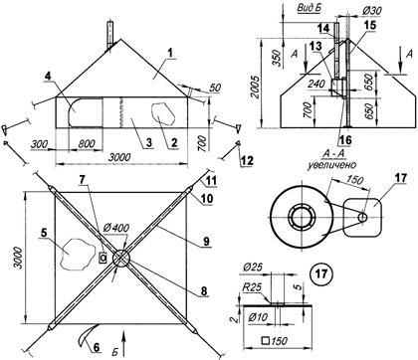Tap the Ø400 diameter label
coord(116,229)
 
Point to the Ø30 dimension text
coord(371,11)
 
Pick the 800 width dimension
coord(87,144)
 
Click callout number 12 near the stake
coord(247,161)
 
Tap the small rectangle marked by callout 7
coord(103,258)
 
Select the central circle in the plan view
coord(121,259)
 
